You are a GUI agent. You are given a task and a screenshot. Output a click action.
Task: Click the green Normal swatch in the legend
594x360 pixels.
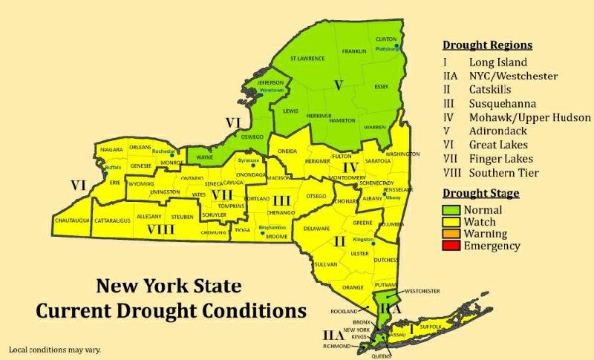[455, 210]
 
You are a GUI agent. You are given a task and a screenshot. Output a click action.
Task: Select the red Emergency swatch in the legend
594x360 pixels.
[455, 246]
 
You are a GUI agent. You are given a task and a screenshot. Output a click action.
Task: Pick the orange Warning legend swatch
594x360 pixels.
[455, 235]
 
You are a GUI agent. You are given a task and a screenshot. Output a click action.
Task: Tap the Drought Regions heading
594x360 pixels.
[487, 45]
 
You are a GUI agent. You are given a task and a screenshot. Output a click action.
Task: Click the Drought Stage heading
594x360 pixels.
[480, 194]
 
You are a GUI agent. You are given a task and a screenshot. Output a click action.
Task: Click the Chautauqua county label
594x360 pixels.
[72, 221]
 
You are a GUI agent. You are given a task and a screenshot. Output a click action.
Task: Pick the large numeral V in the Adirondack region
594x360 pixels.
[339, 85]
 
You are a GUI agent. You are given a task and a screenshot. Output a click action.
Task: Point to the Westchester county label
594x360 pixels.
[418, 290]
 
